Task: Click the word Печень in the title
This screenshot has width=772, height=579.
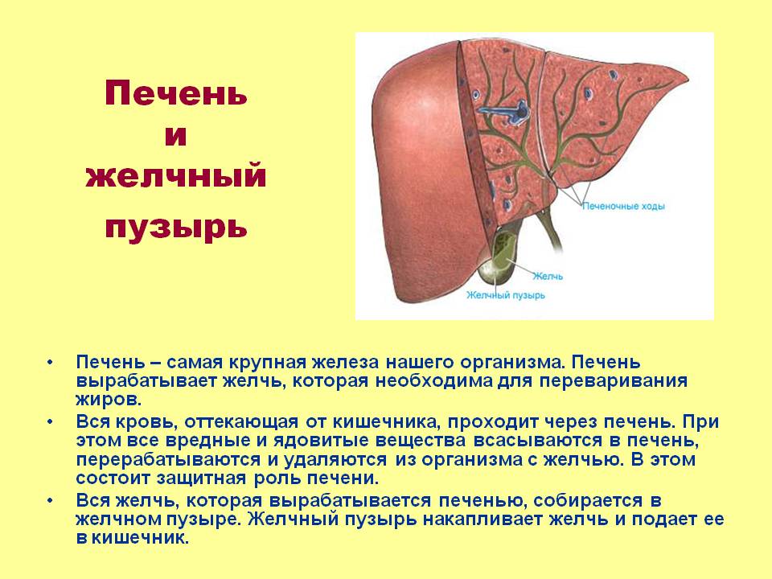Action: pos(175,95)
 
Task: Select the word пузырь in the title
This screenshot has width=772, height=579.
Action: pos(175,227)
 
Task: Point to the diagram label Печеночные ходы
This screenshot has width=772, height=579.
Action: pos(623,207)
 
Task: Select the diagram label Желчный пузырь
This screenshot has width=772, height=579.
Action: pos(506,295)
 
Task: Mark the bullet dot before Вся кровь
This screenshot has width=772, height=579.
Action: pos(51,421)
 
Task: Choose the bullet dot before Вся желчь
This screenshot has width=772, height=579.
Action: pos(51,500)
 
